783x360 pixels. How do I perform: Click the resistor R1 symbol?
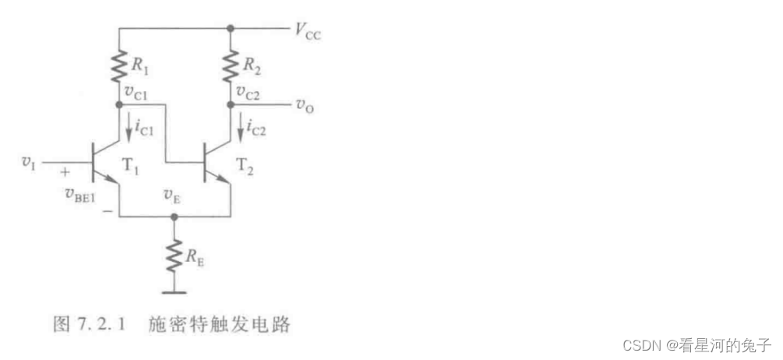click(x=119, y=67)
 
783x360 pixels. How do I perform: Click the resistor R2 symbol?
click(x=231, y=67)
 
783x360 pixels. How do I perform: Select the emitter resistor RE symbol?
click(x=175, y=254)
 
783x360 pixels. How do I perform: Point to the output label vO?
click(x=305, y=104)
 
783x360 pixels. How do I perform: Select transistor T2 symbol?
click(x=213, y=162)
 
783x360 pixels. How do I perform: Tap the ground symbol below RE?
click(x=175, y=293)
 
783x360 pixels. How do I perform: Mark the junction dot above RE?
click(x=175, y=217)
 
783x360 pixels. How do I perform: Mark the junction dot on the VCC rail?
click(x=231, y=28)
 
